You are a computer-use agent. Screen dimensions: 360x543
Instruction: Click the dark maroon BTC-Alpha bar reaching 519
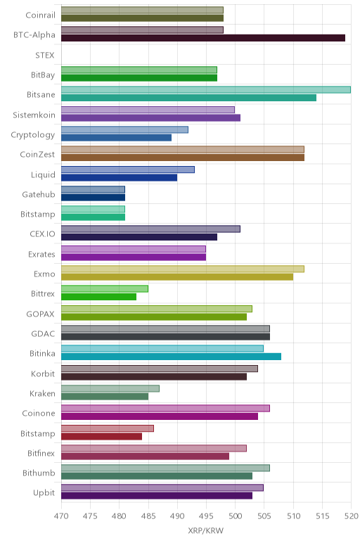point(203,38)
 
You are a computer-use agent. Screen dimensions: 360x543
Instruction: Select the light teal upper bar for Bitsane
point(206,90)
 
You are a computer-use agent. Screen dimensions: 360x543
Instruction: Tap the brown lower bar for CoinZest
point(183,158)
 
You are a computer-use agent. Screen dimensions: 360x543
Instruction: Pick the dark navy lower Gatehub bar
point(93,198)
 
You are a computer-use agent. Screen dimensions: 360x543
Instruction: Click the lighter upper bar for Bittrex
point(105,289)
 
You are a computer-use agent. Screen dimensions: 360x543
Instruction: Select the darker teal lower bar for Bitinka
point(171,357)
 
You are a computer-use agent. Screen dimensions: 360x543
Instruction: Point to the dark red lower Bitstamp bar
point(101,436)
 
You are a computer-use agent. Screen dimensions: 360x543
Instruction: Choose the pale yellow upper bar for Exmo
point(183,269)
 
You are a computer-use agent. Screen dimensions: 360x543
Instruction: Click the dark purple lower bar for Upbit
point(157,496)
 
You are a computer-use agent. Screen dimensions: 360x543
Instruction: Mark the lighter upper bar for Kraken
point(110,388)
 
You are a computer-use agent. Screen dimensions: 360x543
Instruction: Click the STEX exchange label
point(45,56)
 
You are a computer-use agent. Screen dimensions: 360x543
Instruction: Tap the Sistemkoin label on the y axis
point(34,115)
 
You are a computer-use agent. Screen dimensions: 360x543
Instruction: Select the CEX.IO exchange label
point(42,234)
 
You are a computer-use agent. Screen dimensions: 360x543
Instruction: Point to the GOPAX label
point(41,314)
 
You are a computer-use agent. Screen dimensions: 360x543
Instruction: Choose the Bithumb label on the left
point(39,473)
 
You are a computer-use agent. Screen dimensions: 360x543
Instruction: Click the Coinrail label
point(40,15)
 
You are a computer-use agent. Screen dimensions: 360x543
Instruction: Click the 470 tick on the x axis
point(61,516)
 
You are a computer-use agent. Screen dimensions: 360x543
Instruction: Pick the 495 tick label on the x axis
point(206,516)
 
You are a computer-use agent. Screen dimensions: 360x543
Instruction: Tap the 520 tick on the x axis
point(351,516)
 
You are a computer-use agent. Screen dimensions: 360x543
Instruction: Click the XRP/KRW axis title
point(206,530)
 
